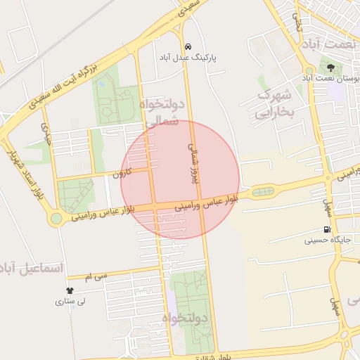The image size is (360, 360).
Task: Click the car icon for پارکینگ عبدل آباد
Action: (186, 46)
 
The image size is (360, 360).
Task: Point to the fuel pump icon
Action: (327, 229)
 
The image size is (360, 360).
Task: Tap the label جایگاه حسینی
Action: (327, 240)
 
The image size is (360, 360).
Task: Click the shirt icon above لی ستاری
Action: (70, 290)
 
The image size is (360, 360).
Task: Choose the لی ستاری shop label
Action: (70, 302)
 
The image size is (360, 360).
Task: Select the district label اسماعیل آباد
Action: (32, 269)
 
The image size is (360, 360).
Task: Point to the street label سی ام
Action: (98, 277)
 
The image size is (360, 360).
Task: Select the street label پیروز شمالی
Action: (193, 162)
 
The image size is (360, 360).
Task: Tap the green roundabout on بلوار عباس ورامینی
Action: (56, 219)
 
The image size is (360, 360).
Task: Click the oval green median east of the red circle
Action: (264, 191)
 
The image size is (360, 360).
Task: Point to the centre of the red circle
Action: (180, 179)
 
